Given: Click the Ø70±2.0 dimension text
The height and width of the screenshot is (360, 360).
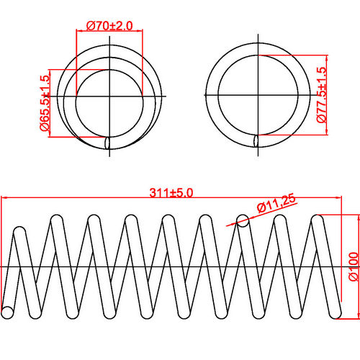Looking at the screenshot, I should (x=109, y=25).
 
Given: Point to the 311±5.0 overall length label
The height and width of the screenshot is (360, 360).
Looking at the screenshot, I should (x=172, y=192).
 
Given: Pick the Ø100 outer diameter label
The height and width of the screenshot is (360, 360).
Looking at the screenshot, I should (x=352, y=266).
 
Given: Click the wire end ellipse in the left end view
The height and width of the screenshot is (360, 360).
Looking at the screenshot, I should (x=108, y=142).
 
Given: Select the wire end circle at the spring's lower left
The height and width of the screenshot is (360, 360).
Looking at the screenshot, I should (x=9, y=312).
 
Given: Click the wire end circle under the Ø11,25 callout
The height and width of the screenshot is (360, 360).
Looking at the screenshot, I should (x=243, y=221).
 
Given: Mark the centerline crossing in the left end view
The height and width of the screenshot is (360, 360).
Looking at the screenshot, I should (x=108, y=96).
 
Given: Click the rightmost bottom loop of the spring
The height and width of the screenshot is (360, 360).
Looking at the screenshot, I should (x=334, y=312).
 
